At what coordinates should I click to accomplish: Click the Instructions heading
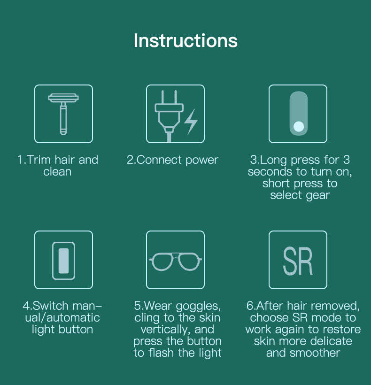click(185, 40)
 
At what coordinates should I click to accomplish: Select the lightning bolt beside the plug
click(191, 122)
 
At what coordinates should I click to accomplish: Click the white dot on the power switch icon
click(298, 126)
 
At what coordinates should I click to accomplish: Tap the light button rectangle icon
click(63, 260)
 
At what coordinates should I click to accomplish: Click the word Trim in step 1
click(39, 160)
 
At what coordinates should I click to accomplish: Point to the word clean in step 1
click(57, 172)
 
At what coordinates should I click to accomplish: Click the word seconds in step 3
click(269, 172)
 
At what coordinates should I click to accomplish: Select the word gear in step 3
click(318, 196)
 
